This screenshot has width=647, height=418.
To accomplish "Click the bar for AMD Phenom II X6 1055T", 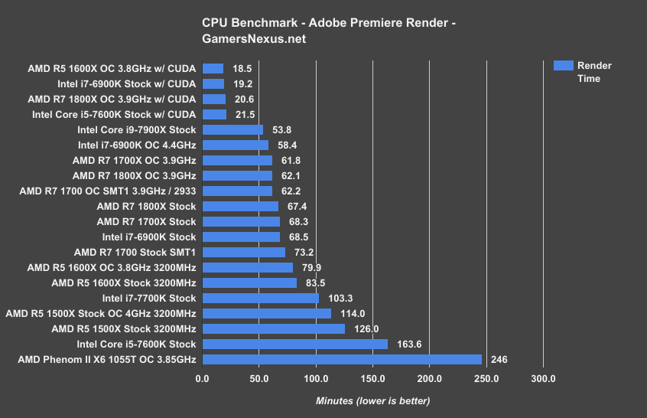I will [x=342, y=359].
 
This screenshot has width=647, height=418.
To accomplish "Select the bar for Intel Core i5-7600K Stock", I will [x=295, y=344].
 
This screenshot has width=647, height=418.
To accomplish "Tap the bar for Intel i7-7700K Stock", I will [x=261, y=298].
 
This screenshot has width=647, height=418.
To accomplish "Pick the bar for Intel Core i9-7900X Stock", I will [x=232, y=129].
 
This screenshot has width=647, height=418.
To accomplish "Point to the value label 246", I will [x=499, y=359].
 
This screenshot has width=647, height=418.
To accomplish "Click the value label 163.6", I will [x=408, y=344].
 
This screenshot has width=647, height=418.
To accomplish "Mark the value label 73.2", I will [x=304, y=252].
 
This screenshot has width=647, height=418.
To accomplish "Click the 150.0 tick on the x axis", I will [x=372, y=378].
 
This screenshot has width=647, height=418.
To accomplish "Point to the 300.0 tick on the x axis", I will [x=543, y=378].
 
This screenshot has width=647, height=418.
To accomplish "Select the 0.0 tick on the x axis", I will [x=203, y=378].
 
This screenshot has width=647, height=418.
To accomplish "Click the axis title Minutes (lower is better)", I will [x=372, y=400].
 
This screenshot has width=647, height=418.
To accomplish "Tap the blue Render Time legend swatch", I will [x=562, y=66].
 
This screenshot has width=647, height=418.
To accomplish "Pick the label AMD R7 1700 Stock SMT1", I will [x=135, y=252].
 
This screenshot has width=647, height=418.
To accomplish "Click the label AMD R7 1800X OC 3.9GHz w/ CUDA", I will [x=112, y=99].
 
